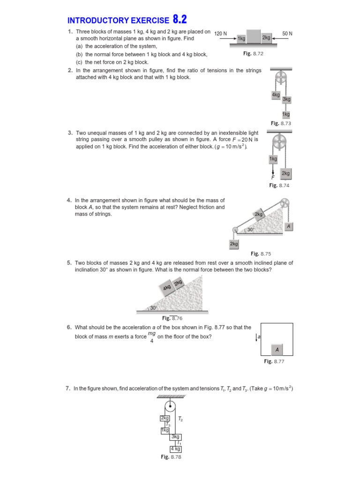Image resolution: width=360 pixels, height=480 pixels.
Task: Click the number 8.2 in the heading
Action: pyautogui.click(x=183, y=19)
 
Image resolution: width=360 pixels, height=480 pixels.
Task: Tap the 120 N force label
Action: pyautogui.click(x=220, y=34)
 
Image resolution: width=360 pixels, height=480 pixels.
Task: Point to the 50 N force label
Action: pyautogui.click(x=287, y=34)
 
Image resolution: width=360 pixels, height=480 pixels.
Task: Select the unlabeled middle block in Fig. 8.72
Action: pyautogui.click(x=254, y=37)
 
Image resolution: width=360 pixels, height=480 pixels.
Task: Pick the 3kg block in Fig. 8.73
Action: pyautogui.click(x=286, y=99)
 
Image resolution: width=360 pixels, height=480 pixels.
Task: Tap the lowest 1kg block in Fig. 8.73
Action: pyautogui.click(x=285, y=114)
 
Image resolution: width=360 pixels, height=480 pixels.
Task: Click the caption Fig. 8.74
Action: pyautogui.click(x=280, y=186)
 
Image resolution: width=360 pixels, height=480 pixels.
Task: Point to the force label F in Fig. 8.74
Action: pyautogui.click(x=272, y=178)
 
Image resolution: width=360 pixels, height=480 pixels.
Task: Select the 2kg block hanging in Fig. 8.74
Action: pyautogui.click(x=285, y=173)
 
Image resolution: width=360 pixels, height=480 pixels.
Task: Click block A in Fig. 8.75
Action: pyautogui.click(x=289, y=226)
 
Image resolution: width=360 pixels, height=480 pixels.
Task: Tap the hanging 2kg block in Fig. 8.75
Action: pyautogui.click(x=234, y=244)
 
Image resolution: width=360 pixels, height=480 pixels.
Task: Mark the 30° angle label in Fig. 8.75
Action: pyautogui.click(x=251, y=230)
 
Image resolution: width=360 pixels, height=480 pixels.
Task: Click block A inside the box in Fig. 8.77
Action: pyautogui.click(x=277, y=349)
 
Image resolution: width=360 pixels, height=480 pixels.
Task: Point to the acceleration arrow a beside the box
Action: pyautogui.click(x=257, y=337)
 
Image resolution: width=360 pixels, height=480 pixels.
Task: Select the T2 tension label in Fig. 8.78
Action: pyautogui.click(x=181, y=420)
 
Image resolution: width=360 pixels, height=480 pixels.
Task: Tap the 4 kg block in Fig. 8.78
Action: pyautogui.click(x=175, y=449)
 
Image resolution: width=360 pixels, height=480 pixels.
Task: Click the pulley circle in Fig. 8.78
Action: pyautogui.click(x=170, y=406)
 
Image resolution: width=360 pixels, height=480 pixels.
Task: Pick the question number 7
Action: pyautogui.click(x=68, y=389)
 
